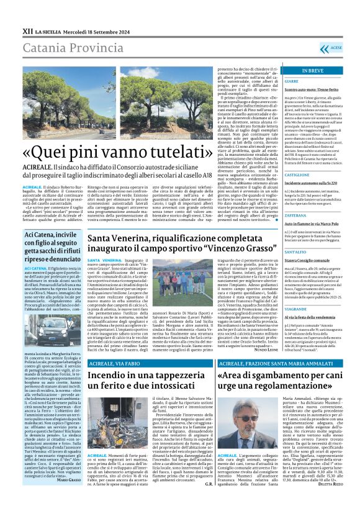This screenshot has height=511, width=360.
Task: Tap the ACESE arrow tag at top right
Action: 351,47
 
